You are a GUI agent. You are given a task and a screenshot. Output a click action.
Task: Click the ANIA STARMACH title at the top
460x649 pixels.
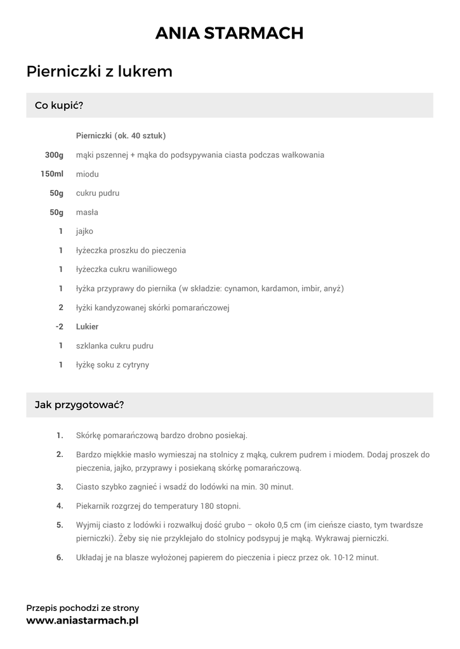[x=230, y=33]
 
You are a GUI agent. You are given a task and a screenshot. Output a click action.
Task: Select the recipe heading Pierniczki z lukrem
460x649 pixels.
[x=100, y=72]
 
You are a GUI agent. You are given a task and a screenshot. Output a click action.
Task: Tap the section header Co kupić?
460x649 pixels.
[x=59, y=105]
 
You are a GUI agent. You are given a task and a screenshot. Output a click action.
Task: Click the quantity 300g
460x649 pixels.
[x=54, y=155]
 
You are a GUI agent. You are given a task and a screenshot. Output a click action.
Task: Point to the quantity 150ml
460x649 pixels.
[x=52, y=174]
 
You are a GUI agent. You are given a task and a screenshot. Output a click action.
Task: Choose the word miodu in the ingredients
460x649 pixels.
[x=87, y=174]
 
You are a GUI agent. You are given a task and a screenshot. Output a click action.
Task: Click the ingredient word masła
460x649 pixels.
[x=87, y=212]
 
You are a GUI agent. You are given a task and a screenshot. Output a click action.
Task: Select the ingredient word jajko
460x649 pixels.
[x=84, y=231]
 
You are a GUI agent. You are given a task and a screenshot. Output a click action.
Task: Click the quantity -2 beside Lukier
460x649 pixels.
[x=59, y=326]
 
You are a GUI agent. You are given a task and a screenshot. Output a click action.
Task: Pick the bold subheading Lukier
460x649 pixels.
[x=87, y=326]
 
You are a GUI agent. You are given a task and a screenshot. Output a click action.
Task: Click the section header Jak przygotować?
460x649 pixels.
[x=79, y=404]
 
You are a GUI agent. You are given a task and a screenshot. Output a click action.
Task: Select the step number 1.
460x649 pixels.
[x=60, y=435]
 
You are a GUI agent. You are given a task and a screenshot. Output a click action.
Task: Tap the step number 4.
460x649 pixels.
[x=60, y=506]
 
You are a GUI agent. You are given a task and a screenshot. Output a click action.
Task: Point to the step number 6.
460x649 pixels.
[x=60, y=558]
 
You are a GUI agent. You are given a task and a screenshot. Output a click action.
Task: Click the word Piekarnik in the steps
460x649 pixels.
[x=93, y=506]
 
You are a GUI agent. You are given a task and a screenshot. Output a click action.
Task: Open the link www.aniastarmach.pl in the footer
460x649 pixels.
[x=82, y=620]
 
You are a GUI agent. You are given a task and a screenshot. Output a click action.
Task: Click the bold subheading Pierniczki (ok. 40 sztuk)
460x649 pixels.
[x=121, y=136]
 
